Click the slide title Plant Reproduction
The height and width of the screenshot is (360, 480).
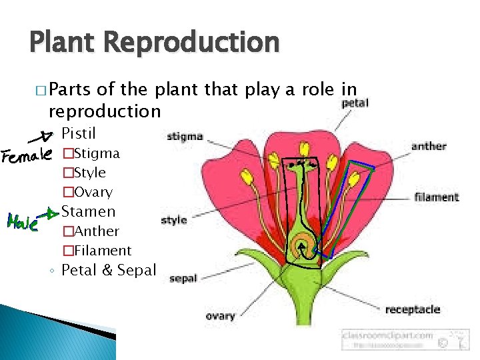pyautogui.click(x=154, y=43)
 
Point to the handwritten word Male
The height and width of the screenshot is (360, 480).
pyautogui.click(x=21, y=219)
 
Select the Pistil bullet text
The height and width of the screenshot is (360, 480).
pyautogui.click(x=79, y=133)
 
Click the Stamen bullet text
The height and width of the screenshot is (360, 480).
pyautogui.click(x=88, y=211)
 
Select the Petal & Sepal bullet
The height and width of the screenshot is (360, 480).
pyautogui.click(x=108, y=270)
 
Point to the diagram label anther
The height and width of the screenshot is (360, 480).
pyautogui.click(x=429, y=146)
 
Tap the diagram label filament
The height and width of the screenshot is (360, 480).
pyautogui.click(x=437, y=197)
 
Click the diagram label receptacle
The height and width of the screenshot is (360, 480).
pyautogui.click(x=413, y=309)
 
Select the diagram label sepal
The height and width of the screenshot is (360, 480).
pyautogui.click(x=183, y=279)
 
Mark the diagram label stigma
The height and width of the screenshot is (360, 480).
pyautogui.click(x=185, y=137)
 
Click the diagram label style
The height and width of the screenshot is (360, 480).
pyautogui.click(x=174, y=219)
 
